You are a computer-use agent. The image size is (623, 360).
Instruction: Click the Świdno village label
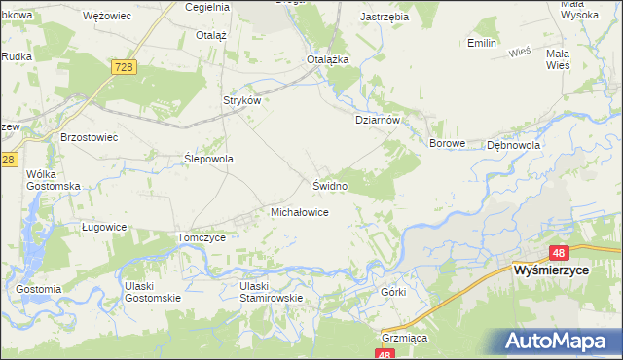pyautogui.click(x=330, y=184)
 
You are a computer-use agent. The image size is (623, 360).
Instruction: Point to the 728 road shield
pyautogui.click(x=123, y=66)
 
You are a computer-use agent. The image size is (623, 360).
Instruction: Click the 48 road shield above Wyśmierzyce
pyautogui.click(x=558, y=251)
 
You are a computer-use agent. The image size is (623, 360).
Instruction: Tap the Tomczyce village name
pyautogui.click(x=202, y=237)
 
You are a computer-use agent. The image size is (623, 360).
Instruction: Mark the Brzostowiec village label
pyautogui.click(x=89, y=137)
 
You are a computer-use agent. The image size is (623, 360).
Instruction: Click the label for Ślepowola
pyautogui.click(x=209, y=158)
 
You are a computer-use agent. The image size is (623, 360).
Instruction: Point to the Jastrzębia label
pyautogui.click(x=383, y=18)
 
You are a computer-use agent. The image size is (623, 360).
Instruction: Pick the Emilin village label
pyautogui.click(x=482, y=44)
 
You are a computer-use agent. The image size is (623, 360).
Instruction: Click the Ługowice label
pyautogui.click(x=104, y=226)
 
